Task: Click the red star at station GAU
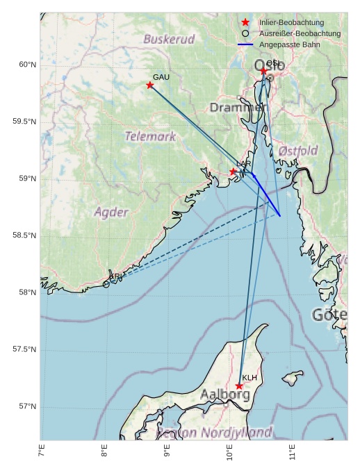coord(150,85)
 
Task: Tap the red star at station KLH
coord(239,386)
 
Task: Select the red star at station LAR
coord(234,172)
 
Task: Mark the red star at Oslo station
coord(263,71)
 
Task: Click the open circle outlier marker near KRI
coord(106,284)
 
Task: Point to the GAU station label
coord(161,76)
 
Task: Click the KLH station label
coord(249,378)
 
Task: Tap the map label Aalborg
coord(224,395)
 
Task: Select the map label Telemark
coord(150,136)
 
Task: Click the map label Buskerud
coord(169,40)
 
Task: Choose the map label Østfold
coord(298,150)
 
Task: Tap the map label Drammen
coord(236,108)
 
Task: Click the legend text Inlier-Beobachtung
coord(291,23)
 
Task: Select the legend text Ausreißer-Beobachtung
coord(300,33)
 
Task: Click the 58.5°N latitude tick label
coord(24,235)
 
